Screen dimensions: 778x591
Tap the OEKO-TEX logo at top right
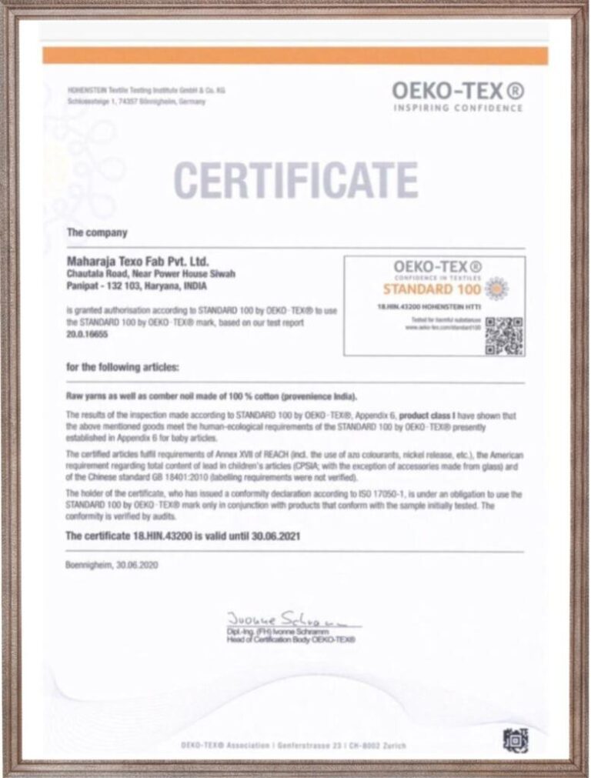pyautogui.click(x=459, y=91)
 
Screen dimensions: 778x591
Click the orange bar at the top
pyautogui.click(x=295, y=55)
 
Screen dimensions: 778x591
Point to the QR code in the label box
pyautogui.click(x=504, y=336)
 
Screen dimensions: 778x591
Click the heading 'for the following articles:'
pyautogui.click(x=123, y=367)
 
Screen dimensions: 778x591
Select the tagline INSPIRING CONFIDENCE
pyautogui.click(x=459, y=109)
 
